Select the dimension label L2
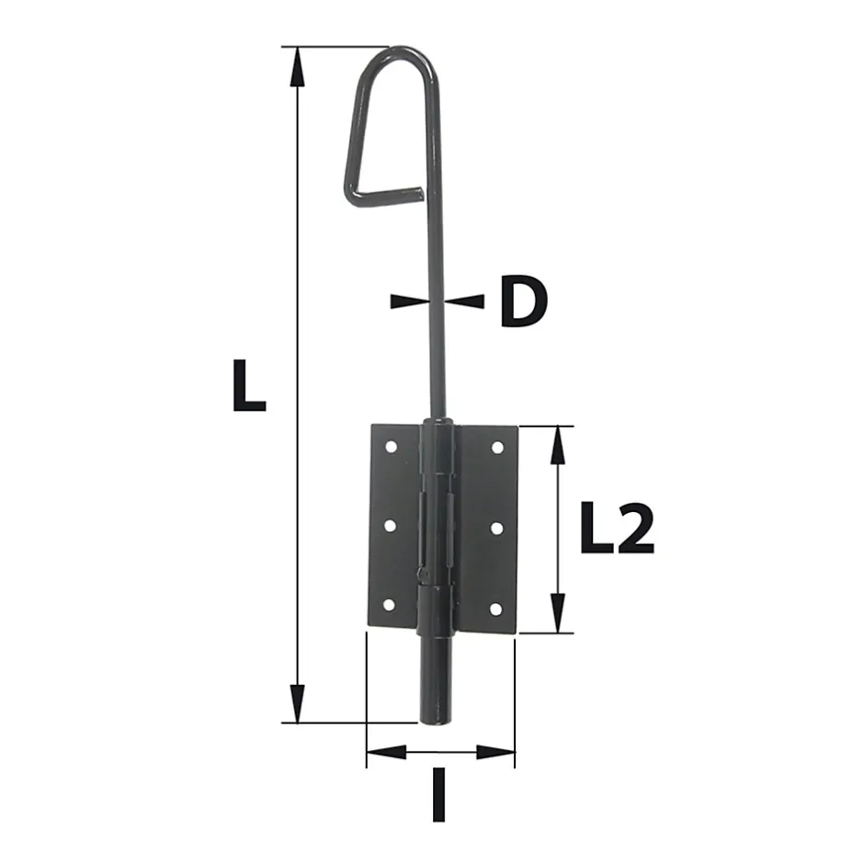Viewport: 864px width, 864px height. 617,530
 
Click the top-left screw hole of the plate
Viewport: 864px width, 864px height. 390,447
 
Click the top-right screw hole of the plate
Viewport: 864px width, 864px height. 498,448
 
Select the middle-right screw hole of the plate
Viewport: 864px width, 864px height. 497,528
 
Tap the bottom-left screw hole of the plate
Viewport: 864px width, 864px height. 388,607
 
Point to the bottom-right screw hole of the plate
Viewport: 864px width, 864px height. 496,608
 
